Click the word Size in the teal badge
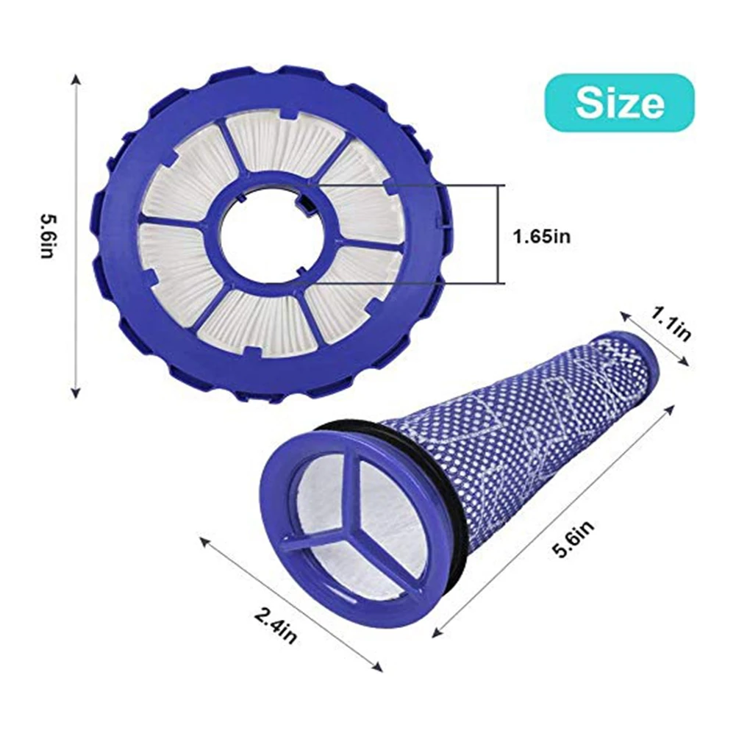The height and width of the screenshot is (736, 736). tap(620, 103)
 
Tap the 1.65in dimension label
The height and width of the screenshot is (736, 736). tap(540, 236)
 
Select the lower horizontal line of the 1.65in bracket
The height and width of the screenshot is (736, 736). tap(412, 283)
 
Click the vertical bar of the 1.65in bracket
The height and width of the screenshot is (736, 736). tap(501, 234)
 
